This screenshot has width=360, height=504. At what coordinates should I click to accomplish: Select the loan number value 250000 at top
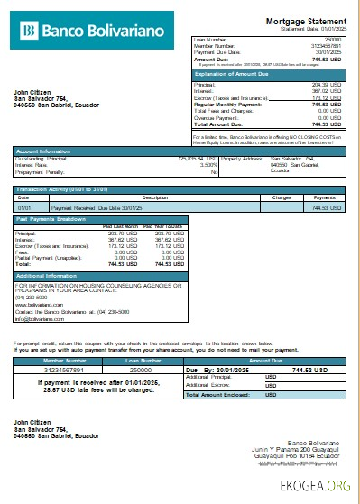[332, 41]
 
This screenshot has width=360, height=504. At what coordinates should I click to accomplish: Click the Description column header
[155, 197]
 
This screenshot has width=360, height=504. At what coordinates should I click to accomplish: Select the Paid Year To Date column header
[162, 225]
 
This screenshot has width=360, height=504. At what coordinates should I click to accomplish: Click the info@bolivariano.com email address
[37, 318]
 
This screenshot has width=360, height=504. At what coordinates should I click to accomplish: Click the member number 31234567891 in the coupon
[57, 370]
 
